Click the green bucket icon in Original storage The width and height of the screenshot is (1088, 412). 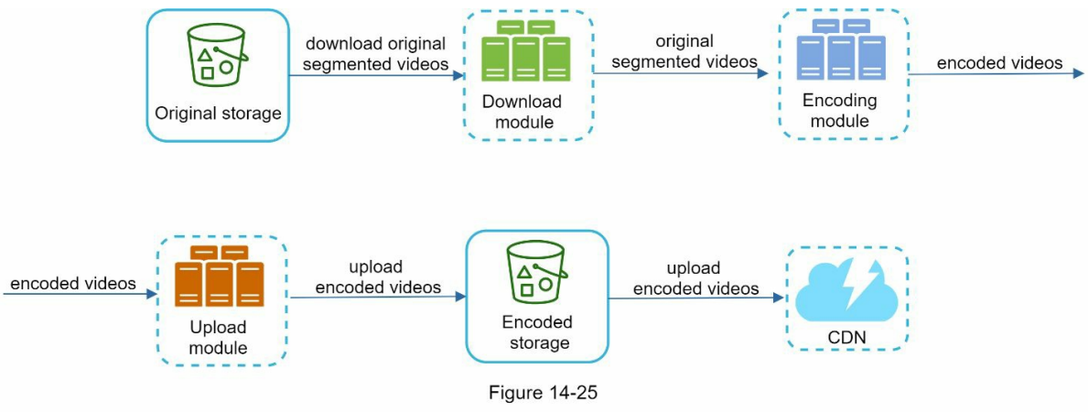(217, 56)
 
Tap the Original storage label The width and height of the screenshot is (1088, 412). (218, 114)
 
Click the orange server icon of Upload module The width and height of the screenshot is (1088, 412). (219, 276)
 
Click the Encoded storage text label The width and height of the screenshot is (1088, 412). (537, 332)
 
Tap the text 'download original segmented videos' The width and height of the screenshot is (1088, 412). (375, 54)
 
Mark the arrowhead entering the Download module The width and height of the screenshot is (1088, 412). (458, 75)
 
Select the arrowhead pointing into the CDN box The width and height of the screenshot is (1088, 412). (779, 298)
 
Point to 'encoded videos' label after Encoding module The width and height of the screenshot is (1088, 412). (999, 63)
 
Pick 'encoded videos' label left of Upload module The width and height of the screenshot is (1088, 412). (73, 284)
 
